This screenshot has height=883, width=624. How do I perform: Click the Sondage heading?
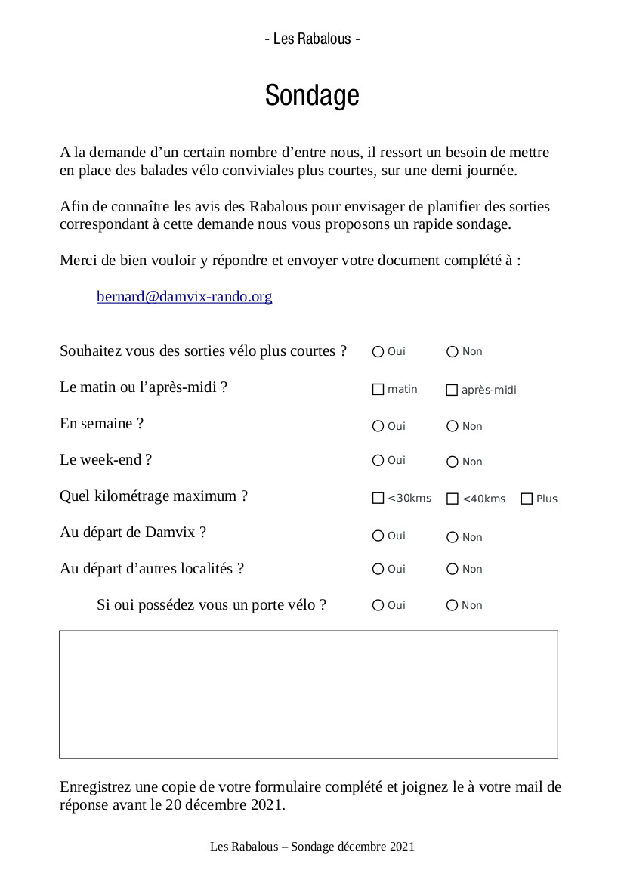[312, 96]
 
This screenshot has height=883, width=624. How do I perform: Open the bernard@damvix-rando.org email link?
[184, 297]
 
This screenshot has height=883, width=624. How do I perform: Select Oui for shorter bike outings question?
[378, 352]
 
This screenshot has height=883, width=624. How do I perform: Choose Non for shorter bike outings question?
[453, 352]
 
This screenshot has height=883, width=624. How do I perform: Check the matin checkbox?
[378, 390]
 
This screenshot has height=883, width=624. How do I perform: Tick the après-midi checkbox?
[453, 391]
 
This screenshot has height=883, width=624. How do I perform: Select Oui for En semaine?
[378, 427]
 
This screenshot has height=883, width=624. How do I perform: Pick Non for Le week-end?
[453, 462]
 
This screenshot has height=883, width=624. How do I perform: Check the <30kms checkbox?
[378, 499]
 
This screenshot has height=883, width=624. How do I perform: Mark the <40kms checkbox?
[453, 499]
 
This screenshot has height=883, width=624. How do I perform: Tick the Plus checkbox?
[527, 499]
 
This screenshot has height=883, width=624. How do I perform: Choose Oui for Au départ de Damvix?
[378, 536]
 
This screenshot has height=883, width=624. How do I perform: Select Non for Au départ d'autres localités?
[453, 570]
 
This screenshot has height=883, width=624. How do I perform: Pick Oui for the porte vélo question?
[378, 606]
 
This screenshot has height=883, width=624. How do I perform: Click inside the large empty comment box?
[308, 694]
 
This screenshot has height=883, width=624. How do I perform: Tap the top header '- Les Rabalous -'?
[312, 39]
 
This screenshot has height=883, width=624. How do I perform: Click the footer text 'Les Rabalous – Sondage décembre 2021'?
[312, 847]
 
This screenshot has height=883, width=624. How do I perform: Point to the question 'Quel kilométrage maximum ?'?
[154, 496]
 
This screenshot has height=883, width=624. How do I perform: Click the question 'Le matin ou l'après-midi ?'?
[144, 387]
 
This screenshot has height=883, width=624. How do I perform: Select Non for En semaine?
[453, 427]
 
